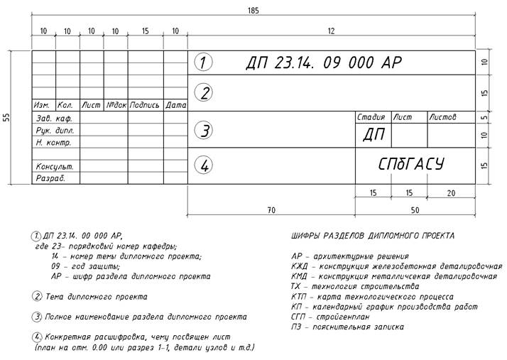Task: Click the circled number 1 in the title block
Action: coord(203,62)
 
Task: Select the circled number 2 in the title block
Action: coord(203,93)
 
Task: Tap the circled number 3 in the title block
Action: coord(203,131)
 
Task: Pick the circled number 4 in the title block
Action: coord(203,165)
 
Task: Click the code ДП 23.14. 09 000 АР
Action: coord(323,62)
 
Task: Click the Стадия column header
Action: coord(371,116)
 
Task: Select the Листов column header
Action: coord(444,116)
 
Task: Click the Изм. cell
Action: coord(43,105)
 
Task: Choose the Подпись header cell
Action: coord(146,105)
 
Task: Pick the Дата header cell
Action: coord(175,105)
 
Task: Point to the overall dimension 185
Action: coord(253,11)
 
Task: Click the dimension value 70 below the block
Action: coord(270,209)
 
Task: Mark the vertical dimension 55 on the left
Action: coord(8,117)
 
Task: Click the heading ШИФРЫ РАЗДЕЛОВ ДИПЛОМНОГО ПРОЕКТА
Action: coord(373,235)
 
